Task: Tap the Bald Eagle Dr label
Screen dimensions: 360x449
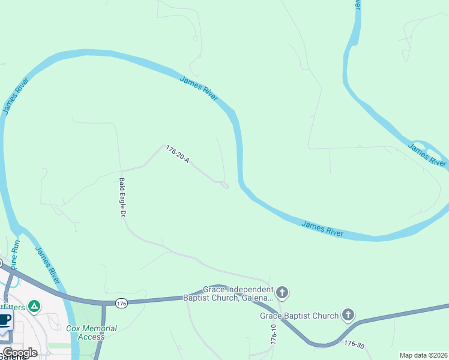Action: click(x=122, y=197)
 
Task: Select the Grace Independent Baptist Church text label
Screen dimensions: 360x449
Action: click(x=238, y=293)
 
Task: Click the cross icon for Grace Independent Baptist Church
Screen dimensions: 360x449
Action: click(x=282, y=293)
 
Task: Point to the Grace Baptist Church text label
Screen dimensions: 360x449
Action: click(x=300, y=316)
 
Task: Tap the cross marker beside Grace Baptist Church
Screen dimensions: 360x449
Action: click(x=348, y=314)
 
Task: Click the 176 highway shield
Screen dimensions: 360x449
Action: click(x=122, y=304)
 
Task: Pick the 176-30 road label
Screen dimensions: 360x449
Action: click(x=354, y=344)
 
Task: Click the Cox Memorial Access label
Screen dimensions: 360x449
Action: click(x=91, y=332)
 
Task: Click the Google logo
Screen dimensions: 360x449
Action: click(x=20, y=353)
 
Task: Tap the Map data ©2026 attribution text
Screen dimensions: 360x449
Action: click(x=423, y=355)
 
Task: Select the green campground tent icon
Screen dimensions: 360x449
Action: click(x=35, y=307)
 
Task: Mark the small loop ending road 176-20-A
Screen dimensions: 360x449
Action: click(x=223, y=184)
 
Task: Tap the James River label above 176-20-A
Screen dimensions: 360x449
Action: click(x=199, y=89)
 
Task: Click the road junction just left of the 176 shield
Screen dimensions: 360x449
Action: click(x=104, y=303)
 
